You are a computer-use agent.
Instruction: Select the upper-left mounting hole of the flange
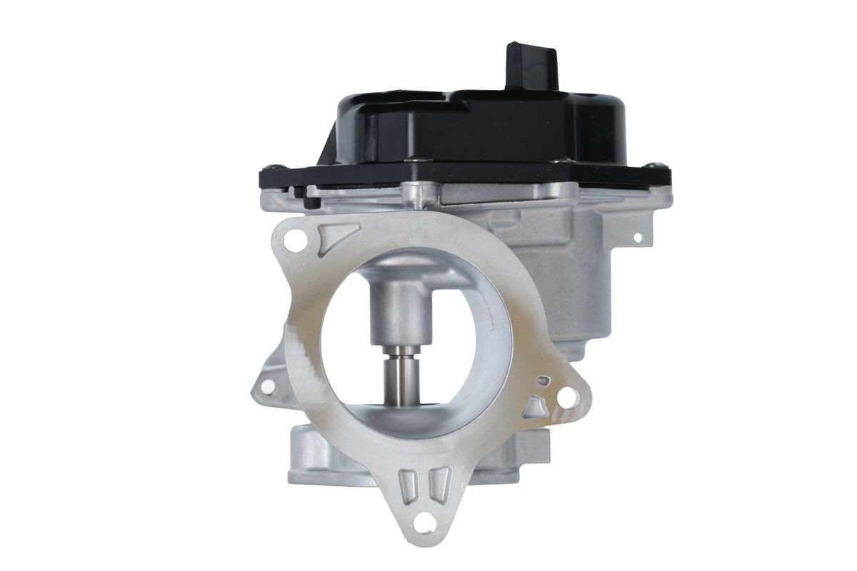click(x=293, y=241)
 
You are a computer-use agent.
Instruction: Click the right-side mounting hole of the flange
click(x=568, y=397)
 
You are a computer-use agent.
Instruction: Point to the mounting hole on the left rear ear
click(x=267, y=386)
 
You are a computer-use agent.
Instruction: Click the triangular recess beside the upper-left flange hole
click(x=336, y=235)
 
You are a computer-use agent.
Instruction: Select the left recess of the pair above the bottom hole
click(x=409, y=485)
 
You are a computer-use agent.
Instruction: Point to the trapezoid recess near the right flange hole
click(x=536, y=408)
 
